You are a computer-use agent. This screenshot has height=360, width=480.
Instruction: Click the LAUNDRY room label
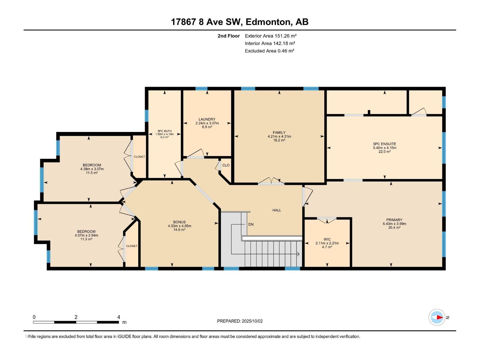[207, 119]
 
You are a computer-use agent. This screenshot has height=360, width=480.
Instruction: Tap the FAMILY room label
[279, 133]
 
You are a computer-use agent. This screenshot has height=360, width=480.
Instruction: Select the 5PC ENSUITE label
[384, 144]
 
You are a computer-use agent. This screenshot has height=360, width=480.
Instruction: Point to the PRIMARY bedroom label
[394, 220]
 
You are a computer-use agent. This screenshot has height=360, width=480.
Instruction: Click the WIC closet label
[327, 239]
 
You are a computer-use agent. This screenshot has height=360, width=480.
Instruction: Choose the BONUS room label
[179, 222]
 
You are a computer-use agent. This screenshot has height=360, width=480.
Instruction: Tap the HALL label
[277, 210]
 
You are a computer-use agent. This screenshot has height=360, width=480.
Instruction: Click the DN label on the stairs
[251, 224]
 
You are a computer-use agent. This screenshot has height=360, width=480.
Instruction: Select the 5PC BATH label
[164, 131]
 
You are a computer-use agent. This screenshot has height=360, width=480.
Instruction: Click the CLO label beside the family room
[226, 165]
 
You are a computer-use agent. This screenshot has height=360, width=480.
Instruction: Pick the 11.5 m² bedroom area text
[92, 173]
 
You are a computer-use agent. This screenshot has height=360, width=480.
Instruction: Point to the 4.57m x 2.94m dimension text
[86, 235]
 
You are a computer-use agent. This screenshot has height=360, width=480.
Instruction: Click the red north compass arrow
[440, 317]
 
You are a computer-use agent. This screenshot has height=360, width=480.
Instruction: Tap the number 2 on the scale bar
[76, 317]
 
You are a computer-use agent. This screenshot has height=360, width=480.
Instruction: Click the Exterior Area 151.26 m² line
[271, 36]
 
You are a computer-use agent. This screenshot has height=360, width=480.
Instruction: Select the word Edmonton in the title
[269, 22]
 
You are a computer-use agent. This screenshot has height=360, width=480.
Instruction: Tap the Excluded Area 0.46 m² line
[269, 51]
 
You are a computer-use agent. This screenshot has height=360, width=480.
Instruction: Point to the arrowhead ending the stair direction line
[298, 254]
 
